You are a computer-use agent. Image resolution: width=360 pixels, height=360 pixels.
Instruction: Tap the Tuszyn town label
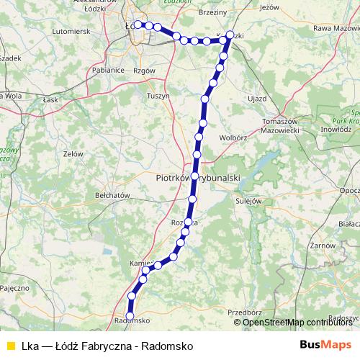(158, 95)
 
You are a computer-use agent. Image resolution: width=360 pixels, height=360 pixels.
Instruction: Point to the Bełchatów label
(112, 195)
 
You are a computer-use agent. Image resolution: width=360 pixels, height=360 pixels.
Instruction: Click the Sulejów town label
(246, 201)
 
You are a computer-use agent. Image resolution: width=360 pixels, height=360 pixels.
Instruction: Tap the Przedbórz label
(243, 312)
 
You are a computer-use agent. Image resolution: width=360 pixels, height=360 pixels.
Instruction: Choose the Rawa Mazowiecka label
(331, 28)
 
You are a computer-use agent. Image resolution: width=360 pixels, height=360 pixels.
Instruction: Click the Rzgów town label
(145, 71)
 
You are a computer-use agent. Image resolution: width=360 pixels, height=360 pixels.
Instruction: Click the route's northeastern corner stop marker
(230, 35)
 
